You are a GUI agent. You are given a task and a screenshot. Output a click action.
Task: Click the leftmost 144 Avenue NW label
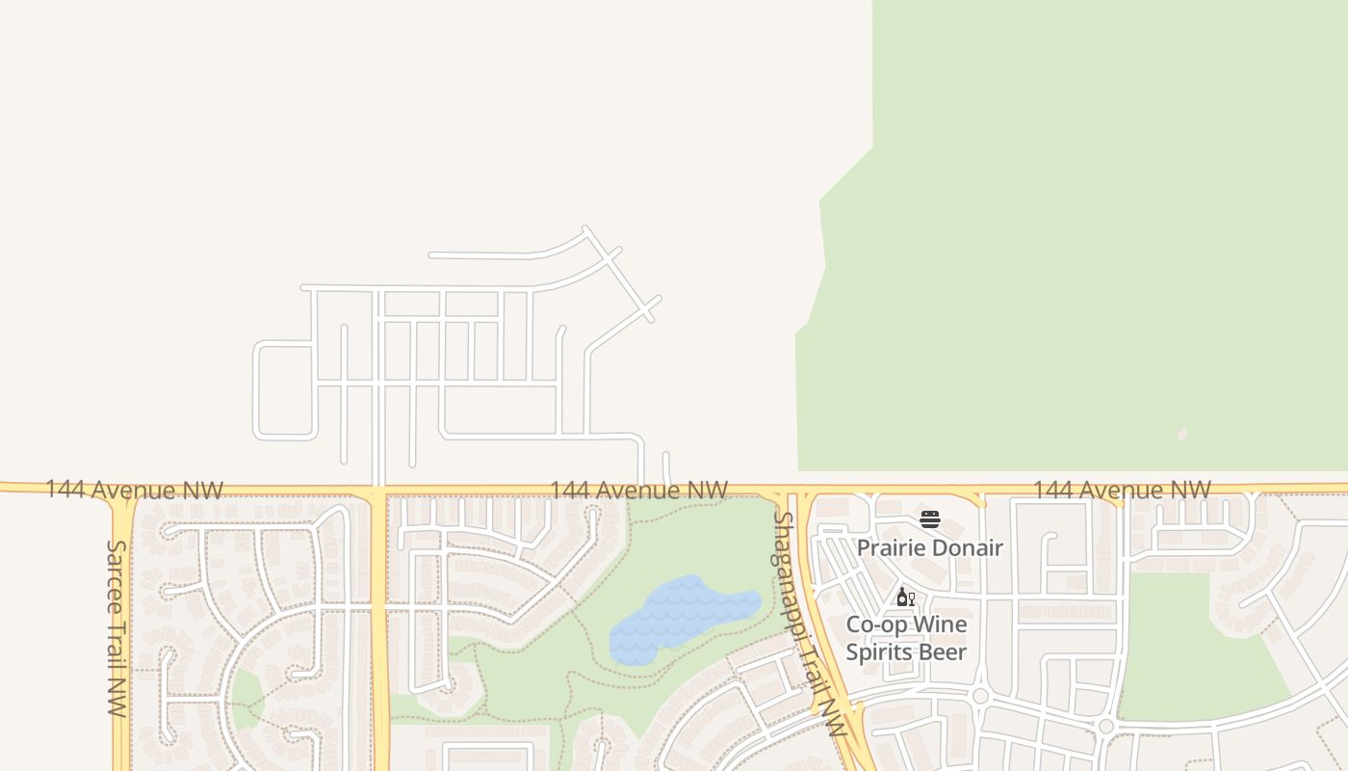click(x=134, y=490)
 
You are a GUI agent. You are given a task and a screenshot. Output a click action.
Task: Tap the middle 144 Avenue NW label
click(x=638, y=491)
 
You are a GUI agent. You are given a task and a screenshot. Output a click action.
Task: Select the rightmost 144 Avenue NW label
click(x=1122, y=490)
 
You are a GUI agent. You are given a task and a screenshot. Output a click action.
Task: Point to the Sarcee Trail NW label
click(x=117, y=627)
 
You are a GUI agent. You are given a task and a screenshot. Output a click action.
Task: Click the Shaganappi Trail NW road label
click(x=809, y=624)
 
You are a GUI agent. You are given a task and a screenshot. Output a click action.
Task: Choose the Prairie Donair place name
click(x=929, y=547)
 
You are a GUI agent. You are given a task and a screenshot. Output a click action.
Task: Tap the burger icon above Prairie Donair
click(x=929, y=520)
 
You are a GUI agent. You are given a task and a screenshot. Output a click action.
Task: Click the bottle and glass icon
click(x=905, y=598)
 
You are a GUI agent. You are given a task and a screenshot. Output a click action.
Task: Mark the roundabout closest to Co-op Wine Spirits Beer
click(x=980, y=696)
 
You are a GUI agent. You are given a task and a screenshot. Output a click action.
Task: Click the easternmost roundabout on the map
click(x=1105, y=726)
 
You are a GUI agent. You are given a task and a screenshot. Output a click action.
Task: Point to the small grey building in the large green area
click(x=1182, y=435)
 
